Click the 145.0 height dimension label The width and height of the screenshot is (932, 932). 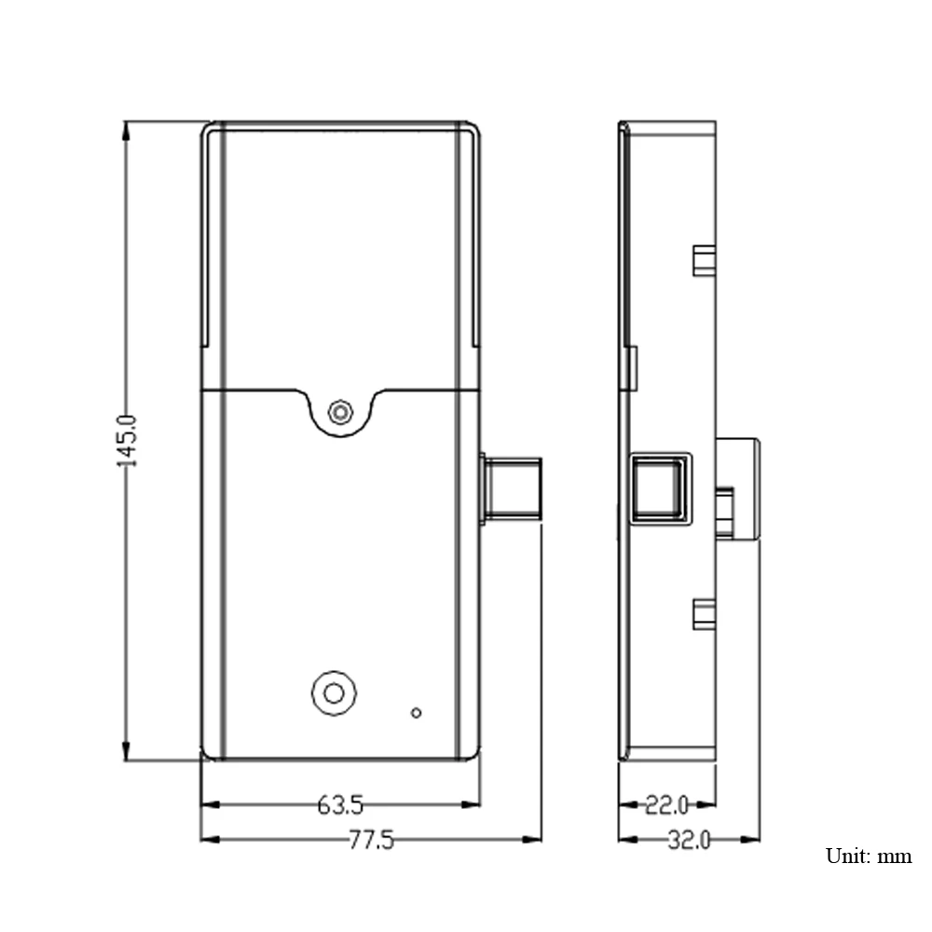tap(127, 441)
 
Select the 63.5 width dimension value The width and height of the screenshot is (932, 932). tap(340, 805)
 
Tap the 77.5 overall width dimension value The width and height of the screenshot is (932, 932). tap(371, 840)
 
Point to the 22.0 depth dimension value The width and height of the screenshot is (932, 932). tap(667, 805)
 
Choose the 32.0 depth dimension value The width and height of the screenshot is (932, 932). tap(689, 840)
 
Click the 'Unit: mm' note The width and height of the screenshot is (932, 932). tap(869, 856)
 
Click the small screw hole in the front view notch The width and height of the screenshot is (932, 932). tap(340, 412)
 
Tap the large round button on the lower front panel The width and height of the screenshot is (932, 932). tap(334, 693)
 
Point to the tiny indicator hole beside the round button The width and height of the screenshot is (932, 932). tap(416, 713)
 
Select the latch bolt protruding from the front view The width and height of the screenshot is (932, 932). tap(511, 488)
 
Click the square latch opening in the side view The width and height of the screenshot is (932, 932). tap(661, 487)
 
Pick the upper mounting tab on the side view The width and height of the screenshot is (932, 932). tap(705, 260)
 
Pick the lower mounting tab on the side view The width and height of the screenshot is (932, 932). tap(705, 614)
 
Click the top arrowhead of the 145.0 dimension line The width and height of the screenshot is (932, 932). tap(126, 130)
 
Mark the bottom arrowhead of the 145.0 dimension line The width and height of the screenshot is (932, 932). tap(126, 750)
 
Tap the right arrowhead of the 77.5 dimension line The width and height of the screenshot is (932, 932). tap(531, 840)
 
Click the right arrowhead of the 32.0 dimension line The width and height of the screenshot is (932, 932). tap(750, 840)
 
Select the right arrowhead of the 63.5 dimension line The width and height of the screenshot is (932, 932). tap(470, 805)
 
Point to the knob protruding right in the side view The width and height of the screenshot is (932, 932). tap(737, 488)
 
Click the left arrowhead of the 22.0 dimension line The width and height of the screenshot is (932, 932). tap(628, 805)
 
